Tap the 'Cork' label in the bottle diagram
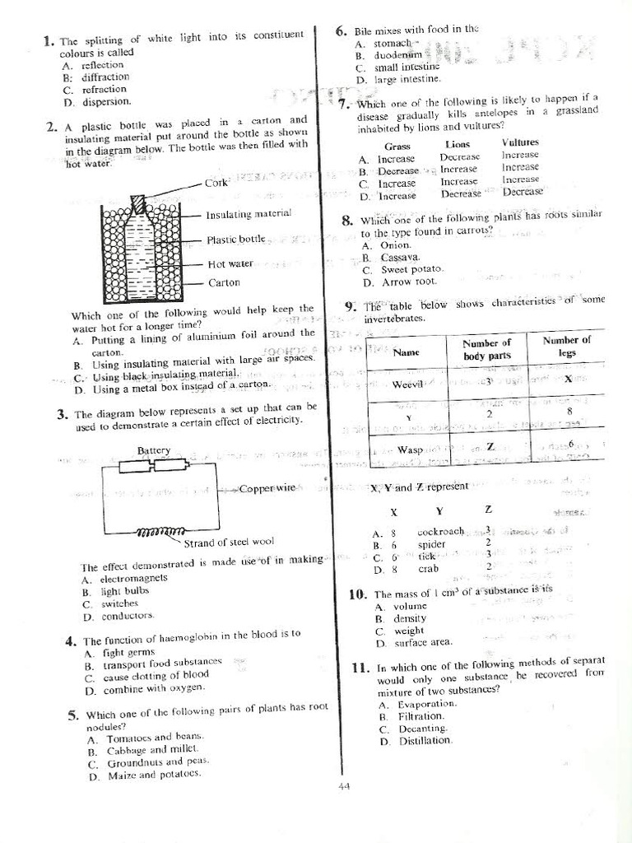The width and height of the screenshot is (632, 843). coord(216,183)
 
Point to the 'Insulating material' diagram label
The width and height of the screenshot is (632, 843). coord(249,214)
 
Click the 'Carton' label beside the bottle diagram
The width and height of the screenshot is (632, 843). coord(224,282)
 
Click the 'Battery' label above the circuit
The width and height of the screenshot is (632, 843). coord(154,450)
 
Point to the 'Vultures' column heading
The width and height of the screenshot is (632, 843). coord(520,142)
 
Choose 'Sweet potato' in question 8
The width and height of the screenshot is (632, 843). coord(411,269)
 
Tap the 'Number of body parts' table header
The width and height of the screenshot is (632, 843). coord(487,349)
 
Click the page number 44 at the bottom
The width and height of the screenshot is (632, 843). coord(344,786)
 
